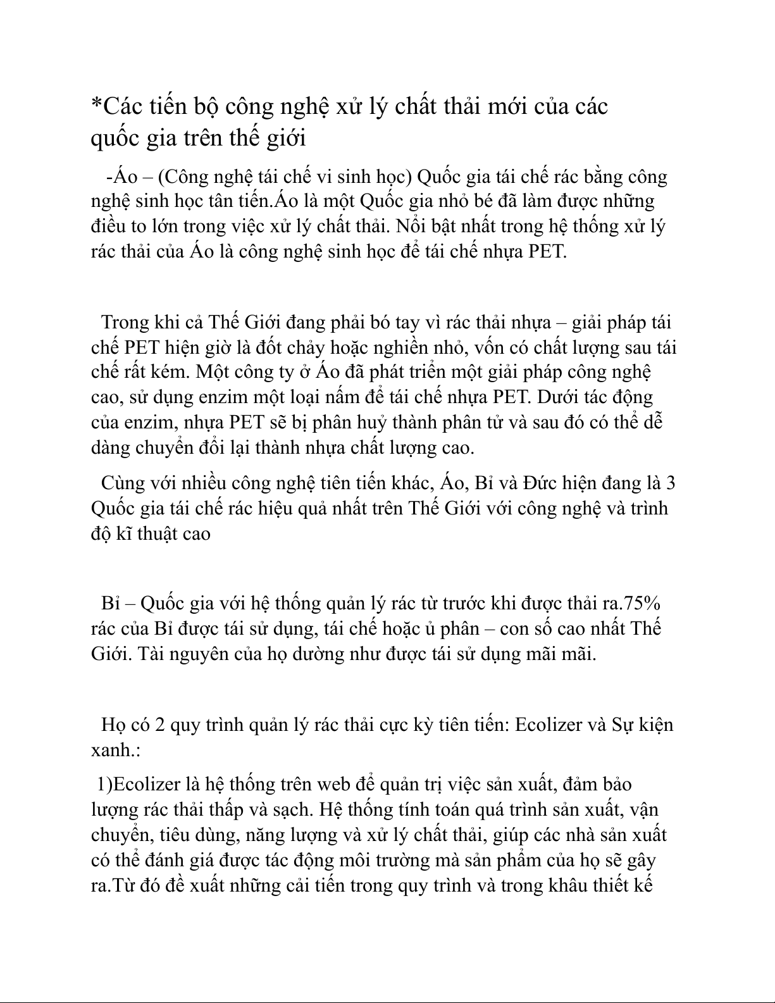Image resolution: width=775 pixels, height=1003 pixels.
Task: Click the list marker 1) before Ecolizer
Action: [104, 784]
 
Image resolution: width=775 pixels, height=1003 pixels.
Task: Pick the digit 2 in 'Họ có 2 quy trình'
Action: [159, 725]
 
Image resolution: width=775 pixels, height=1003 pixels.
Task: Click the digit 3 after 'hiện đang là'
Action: [671, 483]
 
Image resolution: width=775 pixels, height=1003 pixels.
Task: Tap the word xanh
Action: [113, 751]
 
